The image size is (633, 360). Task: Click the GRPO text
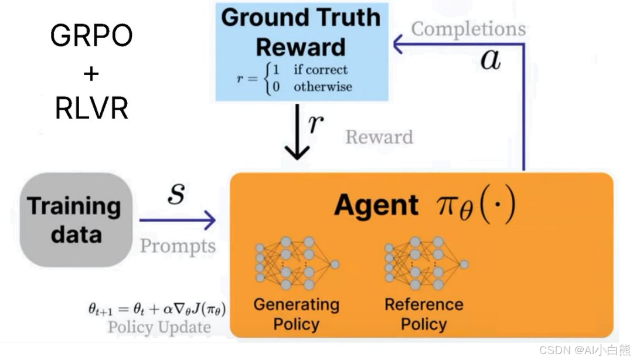(x=91, y=37)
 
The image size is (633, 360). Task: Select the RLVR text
(x=91, y=108)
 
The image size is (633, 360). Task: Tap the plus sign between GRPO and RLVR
(x=91, y=74)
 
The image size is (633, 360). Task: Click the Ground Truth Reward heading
(x=301, y=32)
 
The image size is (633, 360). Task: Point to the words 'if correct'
(x=320, y=70)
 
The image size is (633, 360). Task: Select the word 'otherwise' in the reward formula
(x=322, y=87)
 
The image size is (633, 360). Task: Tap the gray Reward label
(x=379, y=137)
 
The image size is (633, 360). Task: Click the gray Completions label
(x=468, y=29)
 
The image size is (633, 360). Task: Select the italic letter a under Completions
(x=491, y=59)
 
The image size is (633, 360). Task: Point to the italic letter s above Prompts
(x=176, y=194)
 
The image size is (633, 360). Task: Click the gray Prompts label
(x=178, y=246)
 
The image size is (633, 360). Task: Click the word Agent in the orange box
(x=376, y=206)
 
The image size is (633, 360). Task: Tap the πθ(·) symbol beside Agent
(x=475, y=206)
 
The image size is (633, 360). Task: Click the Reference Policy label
(x=424, y=314)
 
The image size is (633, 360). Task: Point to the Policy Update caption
(x=159, y=327)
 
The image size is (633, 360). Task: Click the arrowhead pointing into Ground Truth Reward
(x=399, y=43)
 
